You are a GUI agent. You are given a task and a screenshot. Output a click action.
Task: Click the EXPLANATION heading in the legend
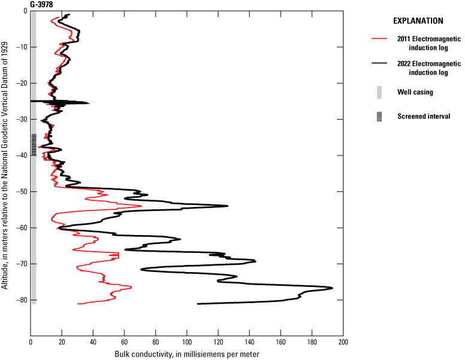point(418,20)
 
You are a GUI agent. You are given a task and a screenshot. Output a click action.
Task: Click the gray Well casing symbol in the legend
point(379,92)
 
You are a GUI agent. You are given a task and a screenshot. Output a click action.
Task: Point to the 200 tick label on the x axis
point(343,342)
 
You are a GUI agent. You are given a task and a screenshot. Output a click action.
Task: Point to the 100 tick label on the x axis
point(187,342)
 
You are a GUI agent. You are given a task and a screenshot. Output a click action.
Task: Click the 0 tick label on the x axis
point(31,342)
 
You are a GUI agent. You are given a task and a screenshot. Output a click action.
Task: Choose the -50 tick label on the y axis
point(21,191)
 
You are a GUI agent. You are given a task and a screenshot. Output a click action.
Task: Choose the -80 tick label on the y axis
point(21,300)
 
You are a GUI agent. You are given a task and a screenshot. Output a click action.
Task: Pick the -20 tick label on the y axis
point(21,83)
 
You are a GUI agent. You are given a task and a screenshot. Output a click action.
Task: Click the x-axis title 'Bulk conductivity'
point(187,353)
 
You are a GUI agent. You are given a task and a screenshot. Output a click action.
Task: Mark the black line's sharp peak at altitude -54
point(228,206)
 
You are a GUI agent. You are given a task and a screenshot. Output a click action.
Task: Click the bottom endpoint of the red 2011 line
point(78,304)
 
